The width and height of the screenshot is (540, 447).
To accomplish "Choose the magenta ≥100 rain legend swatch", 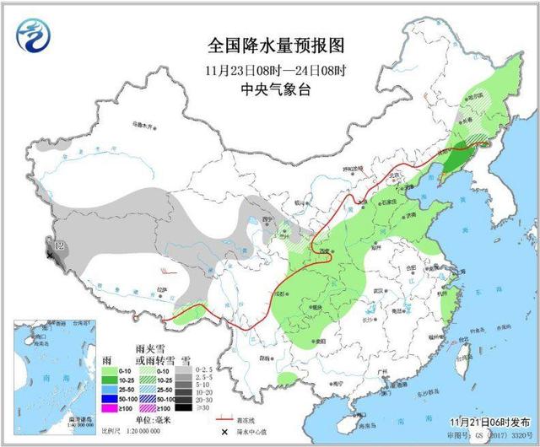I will tap(107, 409).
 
